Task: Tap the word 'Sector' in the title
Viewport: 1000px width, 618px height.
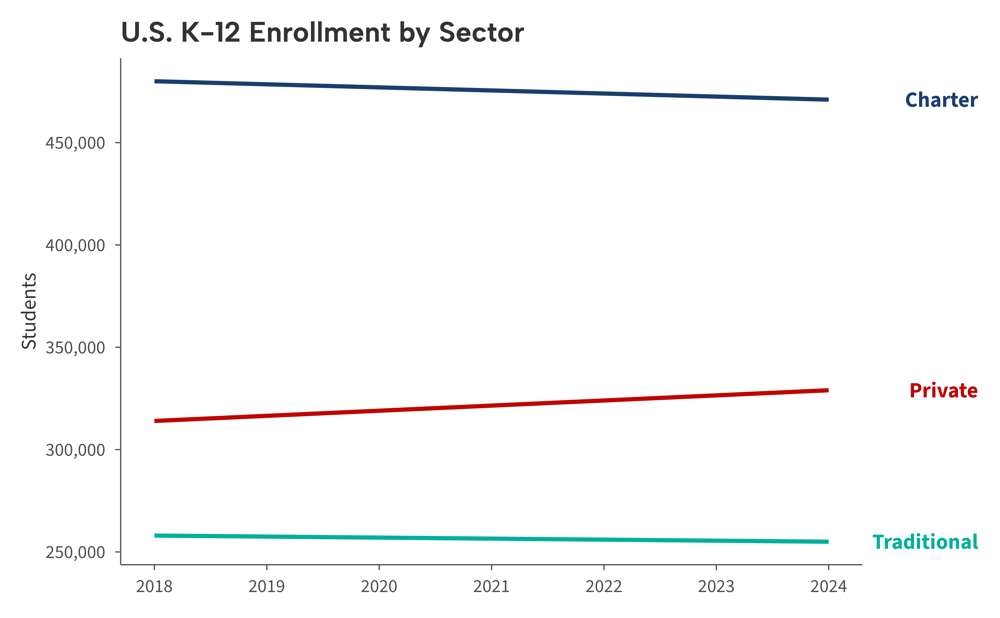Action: (481, 33)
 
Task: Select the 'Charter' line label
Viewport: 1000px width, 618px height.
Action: (941, 100)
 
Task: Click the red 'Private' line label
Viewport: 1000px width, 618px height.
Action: (943, 391)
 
